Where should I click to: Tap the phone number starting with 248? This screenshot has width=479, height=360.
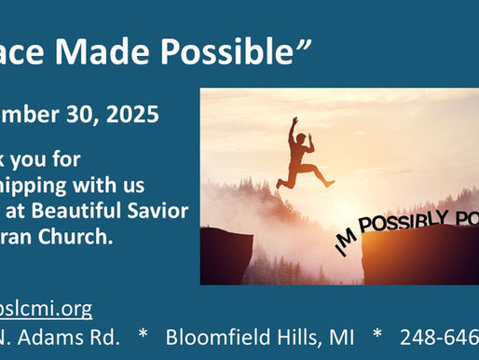pyautogui.click(x=438, y=336)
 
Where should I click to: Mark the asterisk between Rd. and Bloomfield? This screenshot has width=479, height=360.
pyautogui.click(x=144, y=336)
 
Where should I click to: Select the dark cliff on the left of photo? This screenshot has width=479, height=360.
pyautogui.click(x=225, y=256)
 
